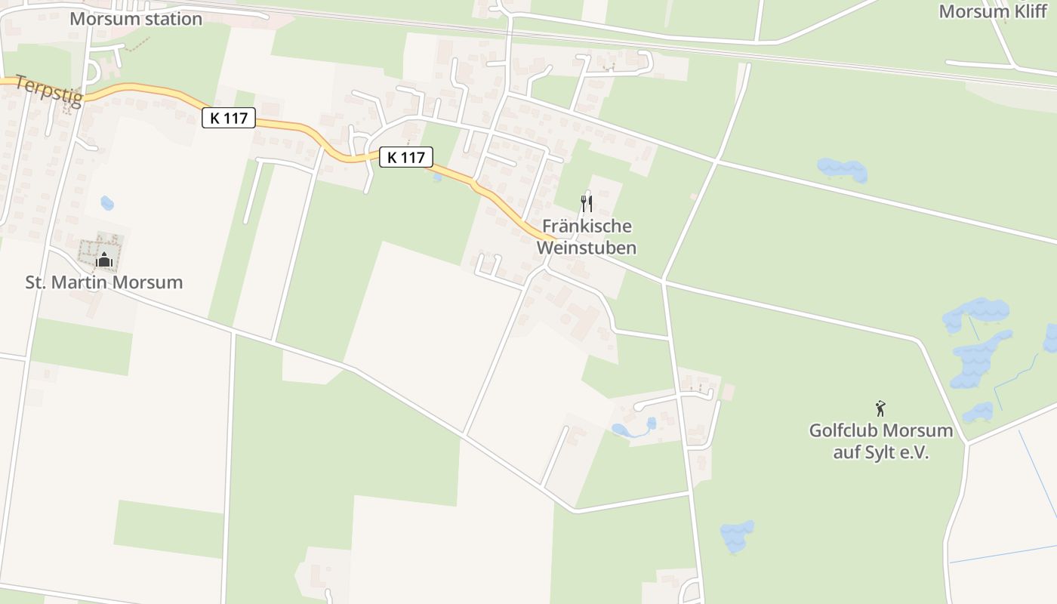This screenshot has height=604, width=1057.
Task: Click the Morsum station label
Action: [136, 19]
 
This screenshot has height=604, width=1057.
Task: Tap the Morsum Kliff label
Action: [993, 11]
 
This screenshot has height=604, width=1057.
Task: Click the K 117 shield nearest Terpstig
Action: [229, 118]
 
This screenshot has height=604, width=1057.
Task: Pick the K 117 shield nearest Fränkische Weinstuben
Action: [405, 157]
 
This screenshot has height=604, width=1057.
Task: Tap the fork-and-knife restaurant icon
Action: [586, 203]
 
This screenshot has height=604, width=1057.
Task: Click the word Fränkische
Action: [587, 226]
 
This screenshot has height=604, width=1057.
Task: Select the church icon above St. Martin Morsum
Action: [104, 260]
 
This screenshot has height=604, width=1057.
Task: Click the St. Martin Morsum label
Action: [104, 283]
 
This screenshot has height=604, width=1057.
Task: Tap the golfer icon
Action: [880, 409]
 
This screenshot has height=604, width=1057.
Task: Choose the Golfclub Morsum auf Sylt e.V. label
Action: [880, 442]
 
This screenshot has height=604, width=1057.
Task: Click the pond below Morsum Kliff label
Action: [843, 170]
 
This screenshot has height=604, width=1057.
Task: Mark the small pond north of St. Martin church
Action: [107, 202]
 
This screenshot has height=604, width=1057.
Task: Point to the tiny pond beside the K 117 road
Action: [436, 177]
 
